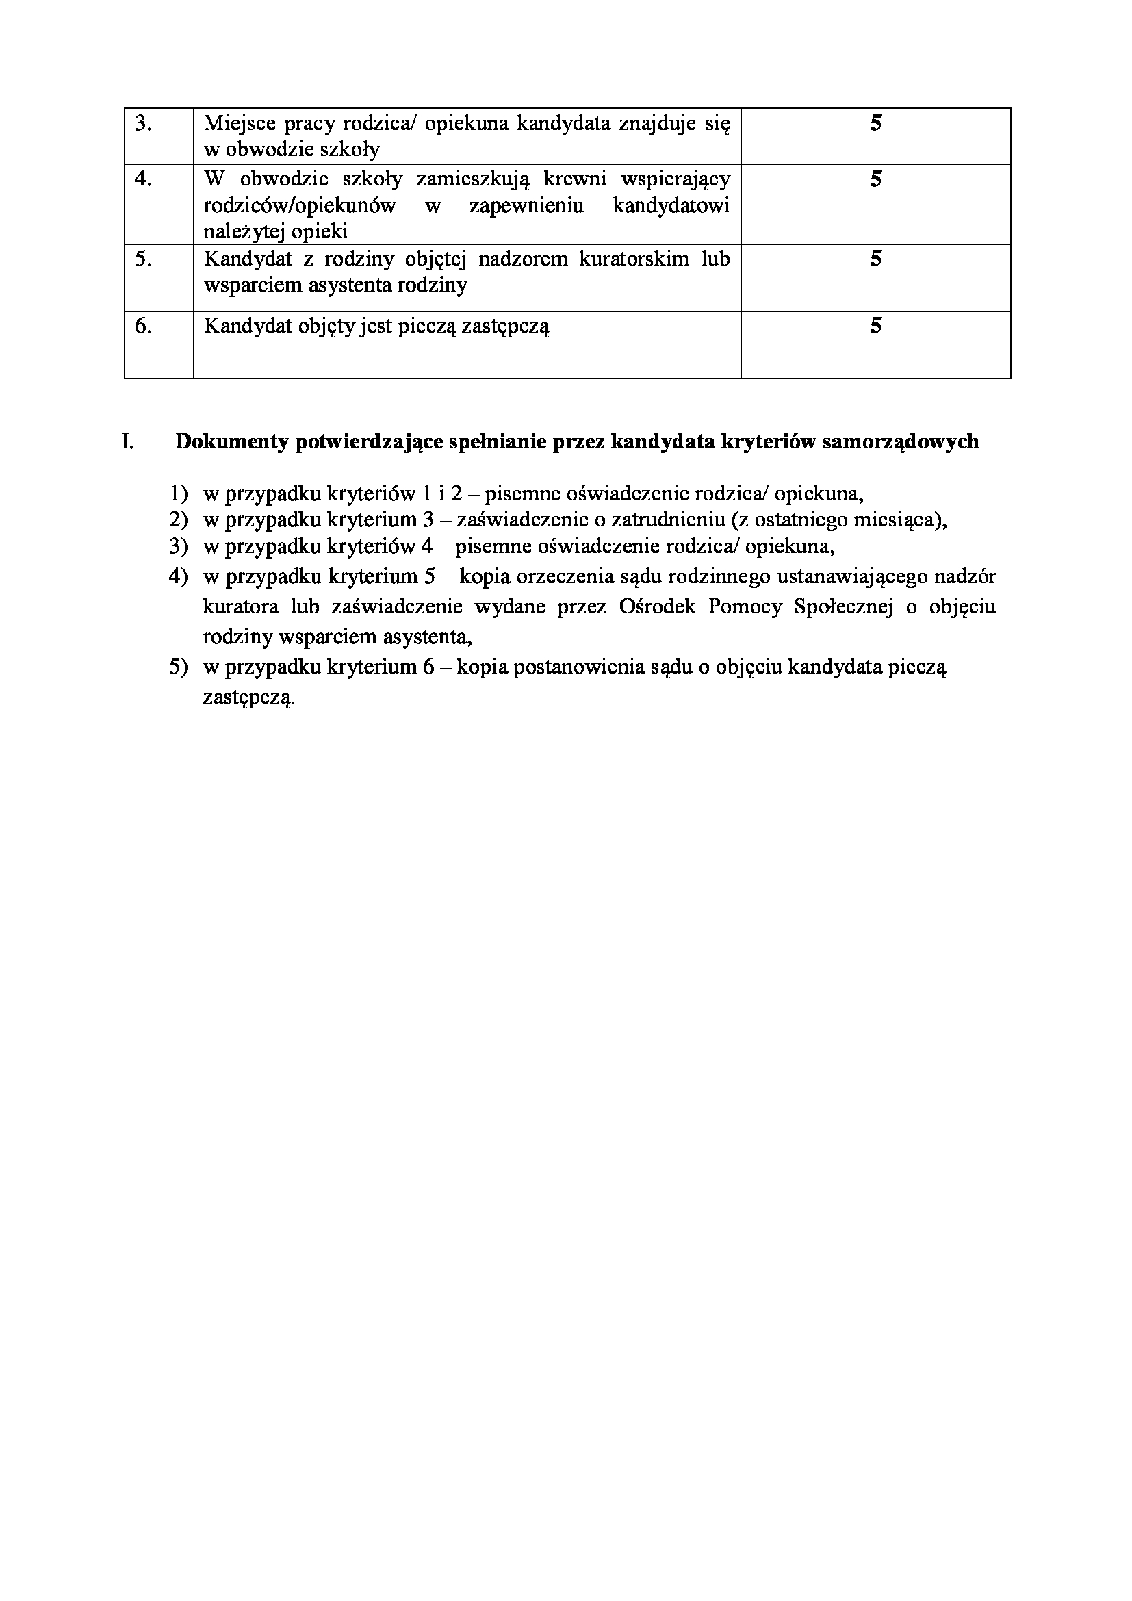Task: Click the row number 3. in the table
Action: [143, 124]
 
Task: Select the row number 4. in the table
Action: [143, 179]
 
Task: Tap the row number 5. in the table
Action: [143, 259]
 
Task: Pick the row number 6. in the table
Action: [143, 326]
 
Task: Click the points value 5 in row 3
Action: [875, 124]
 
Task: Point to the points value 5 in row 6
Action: [875, 326]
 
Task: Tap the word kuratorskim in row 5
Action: [624, 259]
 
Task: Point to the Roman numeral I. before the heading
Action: [127, 441]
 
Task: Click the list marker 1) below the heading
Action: [179, 494]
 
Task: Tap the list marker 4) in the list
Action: [179, 576]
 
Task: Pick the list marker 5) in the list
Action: [179, 667]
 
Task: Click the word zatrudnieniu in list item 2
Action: [663, 520]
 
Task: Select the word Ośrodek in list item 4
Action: [657, 606]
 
